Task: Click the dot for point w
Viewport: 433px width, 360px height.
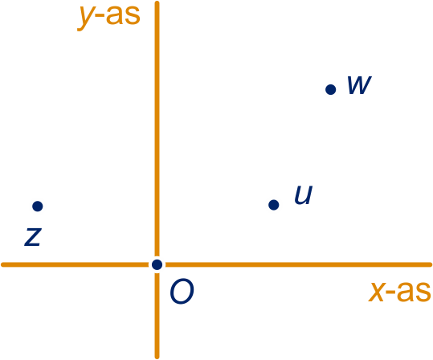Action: coord(330,89)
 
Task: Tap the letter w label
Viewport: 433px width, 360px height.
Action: coord(359,85)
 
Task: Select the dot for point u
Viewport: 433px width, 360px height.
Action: coord(274,205)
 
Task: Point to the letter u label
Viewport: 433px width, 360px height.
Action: coord(304,194)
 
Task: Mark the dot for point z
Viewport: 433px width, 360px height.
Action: coord(38,206)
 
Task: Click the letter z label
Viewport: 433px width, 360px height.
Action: coord(33,237)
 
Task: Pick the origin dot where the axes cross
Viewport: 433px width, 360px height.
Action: coord(157,264)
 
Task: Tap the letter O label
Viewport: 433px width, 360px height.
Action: coord(182,292)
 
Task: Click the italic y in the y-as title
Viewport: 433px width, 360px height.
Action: coord(86,18)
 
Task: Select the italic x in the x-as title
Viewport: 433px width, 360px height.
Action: coord(377,292)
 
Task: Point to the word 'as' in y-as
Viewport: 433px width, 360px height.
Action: coord(124,15)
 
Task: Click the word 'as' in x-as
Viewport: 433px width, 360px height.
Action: coord(414,292)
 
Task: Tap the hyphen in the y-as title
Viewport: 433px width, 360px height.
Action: coord(100,17)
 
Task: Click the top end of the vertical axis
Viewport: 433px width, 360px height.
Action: coord(157,2)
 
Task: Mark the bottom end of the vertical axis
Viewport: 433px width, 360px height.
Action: coord(157,357)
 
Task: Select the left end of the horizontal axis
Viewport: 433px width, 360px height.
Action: coord(2,264)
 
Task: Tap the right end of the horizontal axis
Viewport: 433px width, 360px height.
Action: coord(430,264)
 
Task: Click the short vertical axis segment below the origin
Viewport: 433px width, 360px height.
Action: coord(157,316)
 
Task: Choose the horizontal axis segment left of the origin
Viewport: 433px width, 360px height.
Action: coord(75,264)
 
